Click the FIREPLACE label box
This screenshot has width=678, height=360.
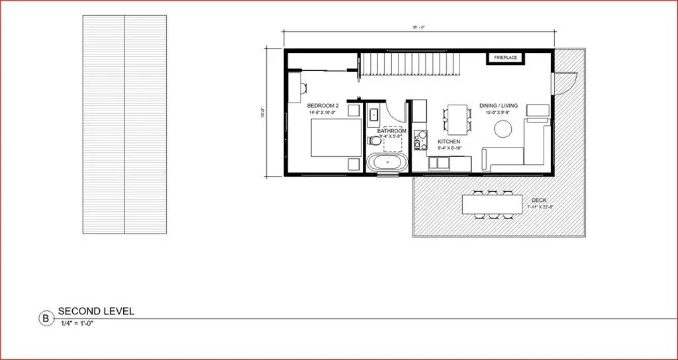(x=506, y=58)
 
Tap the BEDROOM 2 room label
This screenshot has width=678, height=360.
(x=323, y=106)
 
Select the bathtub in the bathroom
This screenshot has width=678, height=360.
(x=387, y=163)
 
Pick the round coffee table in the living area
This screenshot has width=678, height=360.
(x=504, y=130)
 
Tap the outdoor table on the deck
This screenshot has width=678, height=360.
(x=490, y=204)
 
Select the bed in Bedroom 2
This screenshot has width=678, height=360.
(x=337, y=138)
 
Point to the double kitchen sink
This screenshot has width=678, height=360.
(x=438, y=162)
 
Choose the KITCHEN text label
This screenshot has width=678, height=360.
(x=448, y=142)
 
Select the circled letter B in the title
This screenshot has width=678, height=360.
(x=46, y=318)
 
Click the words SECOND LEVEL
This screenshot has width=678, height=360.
(x=96, y=311)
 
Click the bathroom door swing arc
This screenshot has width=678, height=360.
(x=396, y=111)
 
